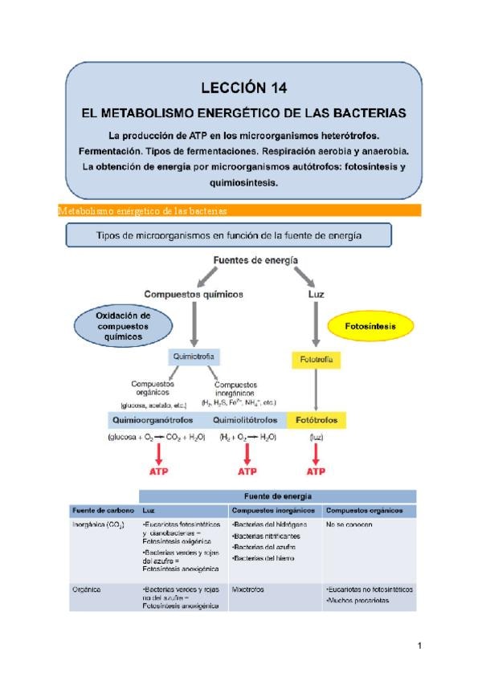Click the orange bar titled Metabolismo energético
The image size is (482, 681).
[x=241, y=210]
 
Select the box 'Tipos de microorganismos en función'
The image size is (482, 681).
[x=229, y=234]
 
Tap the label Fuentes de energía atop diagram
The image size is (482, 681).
[x=256, y=261]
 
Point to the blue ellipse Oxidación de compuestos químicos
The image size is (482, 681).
[x=123, y=327]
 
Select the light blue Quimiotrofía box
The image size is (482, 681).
[x=193, y=356]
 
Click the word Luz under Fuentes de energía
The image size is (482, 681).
[x=317, y=295]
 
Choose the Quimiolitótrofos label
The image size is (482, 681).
[x=246, y=420]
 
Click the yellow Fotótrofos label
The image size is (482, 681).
[x=317, y=420]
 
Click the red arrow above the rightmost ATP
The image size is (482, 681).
[x=317, y=455]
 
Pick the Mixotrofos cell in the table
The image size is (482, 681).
[x=248, y=589]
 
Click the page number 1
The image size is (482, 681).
[x=419, y=645]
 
